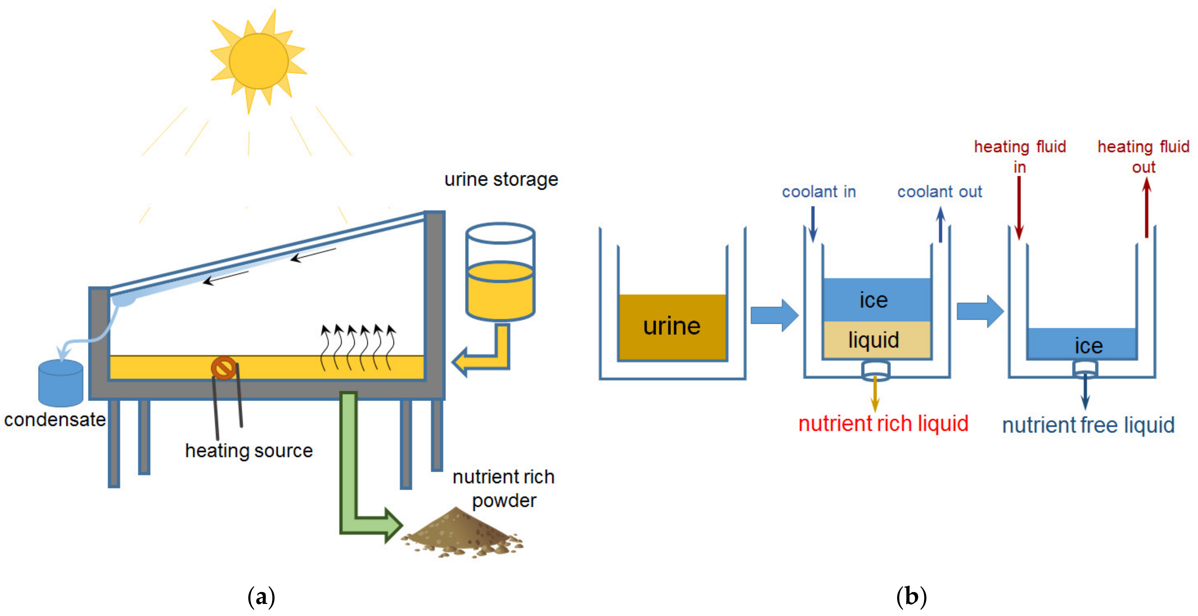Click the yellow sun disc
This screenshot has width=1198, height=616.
(x=259, y=61)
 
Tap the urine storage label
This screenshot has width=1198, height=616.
(x=501, y=179)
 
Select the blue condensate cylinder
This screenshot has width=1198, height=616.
(x=60, y=383)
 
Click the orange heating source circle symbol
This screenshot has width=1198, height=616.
(x=224, y=368)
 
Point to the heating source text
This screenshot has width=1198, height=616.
(x=249, y=451)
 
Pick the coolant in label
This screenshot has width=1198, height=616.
(x=819, y=191)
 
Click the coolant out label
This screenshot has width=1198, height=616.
(x=939, y=191)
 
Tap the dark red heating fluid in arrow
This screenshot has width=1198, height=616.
(x=1019, y=208)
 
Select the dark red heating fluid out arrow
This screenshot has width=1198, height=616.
(x=1146, y=208)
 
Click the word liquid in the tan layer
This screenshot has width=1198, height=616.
(x=873, y=340)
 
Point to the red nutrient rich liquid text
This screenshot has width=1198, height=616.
(x=883, y=424)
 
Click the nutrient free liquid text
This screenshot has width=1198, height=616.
(x=1088, y=425)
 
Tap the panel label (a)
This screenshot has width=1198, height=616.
(x=261, y=596)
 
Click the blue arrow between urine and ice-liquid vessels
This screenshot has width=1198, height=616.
(x=774, y=315)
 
